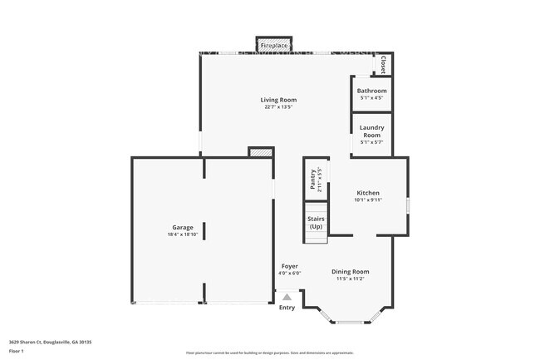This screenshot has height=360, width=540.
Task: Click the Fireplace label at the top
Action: pos(274,44)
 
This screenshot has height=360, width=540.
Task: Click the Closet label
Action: pos(383,64)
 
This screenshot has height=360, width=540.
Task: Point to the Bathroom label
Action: pos(371,91)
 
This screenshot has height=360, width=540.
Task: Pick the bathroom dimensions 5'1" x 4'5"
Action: pos(371,98)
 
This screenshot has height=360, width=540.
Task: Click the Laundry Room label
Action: pos(371,131)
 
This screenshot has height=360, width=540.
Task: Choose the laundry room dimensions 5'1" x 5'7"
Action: pos(371,142)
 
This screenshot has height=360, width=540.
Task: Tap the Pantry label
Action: pos(312,180)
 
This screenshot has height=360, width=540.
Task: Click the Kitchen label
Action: pos(368,193)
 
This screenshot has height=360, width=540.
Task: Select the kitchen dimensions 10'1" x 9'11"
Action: pos(368,200)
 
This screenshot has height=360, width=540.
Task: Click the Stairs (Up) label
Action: pos(316,223)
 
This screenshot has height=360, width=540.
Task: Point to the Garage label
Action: pos(183,227)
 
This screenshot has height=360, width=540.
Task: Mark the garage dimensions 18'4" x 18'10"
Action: pos(183,234)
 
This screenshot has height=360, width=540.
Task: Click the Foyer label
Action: pos(289,266)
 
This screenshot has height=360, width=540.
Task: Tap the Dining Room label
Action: pos(351,272)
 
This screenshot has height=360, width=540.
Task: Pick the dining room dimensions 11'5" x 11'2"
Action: pos(351,279)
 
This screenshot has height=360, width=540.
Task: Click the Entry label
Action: pos(287,308)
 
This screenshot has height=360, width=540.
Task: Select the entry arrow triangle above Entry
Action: pos(287,296)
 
